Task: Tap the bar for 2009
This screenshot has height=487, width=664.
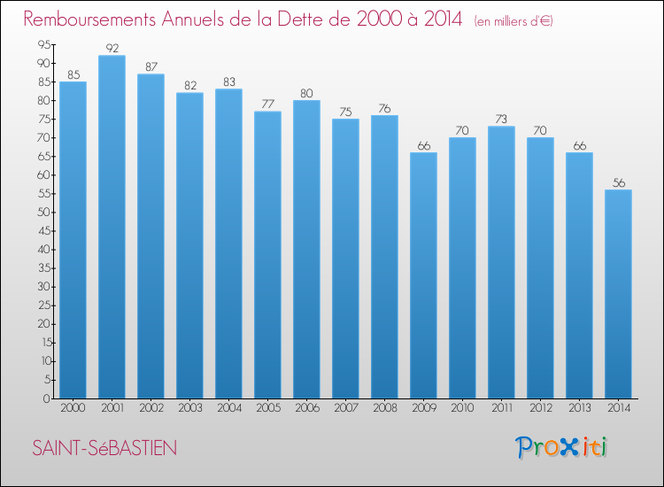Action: point(423,275)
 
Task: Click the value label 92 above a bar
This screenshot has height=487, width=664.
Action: point(112,48)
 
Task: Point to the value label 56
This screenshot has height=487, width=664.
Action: point(618,182)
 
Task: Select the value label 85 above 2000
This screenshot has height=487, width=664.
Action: point(73,74)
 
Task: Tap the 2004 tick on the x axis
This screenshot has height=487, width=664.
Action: point(228,408)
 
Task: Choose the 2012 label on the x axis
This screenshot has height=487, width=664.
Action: point(540,408)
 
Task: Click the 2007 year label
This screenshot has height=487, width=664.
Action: point(345,408)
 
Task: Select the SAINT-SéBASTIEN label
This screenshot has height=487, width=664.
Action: point(104,449)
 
